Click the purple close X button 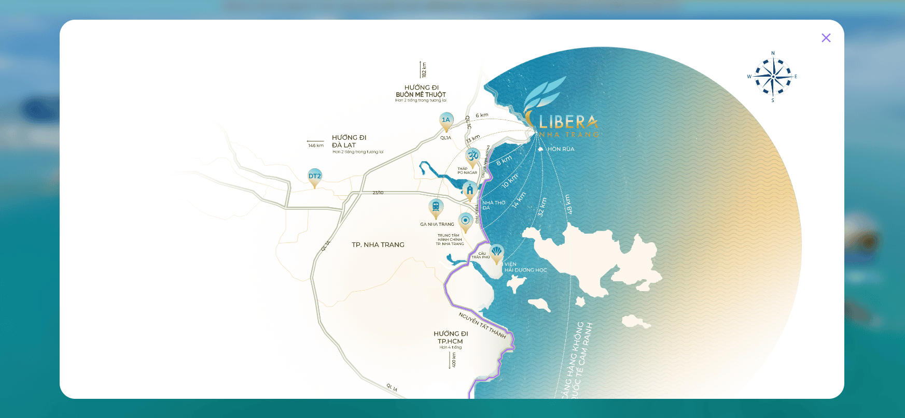tap(826, 38)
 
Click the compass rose tap(773, 77)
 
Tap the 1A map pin tap(446, 121)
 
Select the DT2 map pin tap(315, 177)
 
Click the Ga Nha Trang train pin tap(436, 207)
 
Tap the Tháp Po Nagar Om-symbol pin tap(472, 155)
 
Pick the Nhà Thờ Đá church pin tap(470, 190)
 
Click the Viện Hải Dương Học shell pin tap(496, 253)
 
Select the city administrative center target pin tap(465, 221)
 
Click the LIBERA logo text tap(568, 122)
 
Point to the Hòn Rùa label tap(561, 149)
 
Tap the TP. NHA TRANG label tap(378, 245)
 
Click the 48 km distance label tap(568, 205)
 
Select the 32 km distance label tap(542, 207)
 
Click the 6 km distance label tap(482, 116)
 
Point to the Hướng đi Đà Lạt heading tap(349, 141)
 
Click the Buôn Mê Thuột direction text tap(421, 95)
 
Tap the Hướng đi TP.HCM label tap(450, 338)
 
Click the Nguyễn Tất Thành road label tap(482, 325)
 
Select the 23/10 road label tap(378, 193)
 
